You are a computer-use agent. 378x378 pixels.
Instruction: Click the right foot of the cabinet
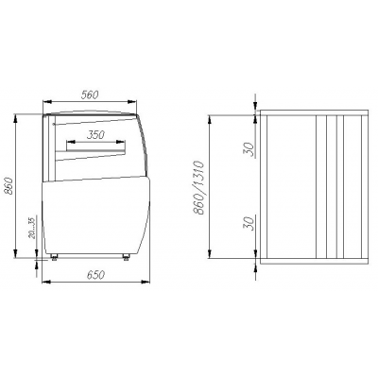click(x=129, y=256)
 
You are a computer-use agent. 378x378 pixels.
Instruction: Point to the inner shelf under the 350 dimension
click(x=95, y=149)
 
